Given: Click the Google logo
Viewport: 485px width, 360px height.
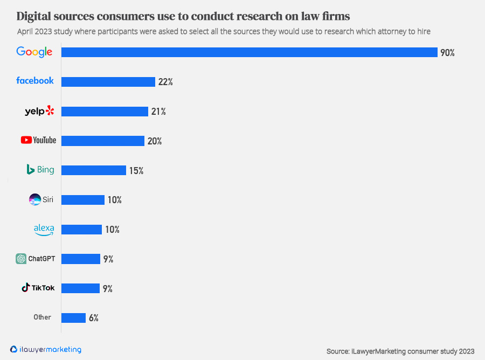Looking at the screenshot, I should tap(34, 52).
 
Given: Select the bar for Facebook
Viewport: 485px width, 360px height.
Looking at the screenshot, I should tap(108, 82).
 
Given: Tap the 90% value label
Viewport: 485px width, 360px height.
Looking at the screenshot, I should tap(447, 53).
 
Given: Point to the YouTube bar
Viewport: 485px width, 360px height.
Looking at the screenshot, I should tap(103, 141).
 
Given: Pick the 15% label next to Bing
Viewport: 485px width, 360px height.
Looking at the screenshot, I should tap(136, 170).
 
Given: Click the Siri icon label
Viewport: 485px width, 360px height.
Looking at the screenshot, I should tap(41, 199).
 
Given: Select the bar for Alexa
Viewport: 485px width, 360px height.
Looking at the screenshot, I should tap(81, 230).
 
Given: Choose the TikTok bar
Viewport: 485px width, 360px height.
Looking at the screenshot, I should tap(80, 288).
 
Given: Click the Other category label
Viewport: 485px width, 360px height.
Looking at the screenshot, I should tap(42, 317).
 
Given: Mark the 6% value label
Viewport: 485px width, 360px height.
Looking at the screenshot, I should tap(94, 318).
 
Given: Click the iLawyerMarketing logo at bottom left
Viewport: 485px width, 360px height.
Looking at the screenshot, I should tap(46, 349).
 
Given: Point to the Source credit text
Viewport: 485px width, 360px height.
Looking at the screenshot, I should tap(400, 351).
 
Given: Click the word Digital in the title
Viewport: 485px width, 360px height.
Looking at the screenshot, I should tap(36, 15).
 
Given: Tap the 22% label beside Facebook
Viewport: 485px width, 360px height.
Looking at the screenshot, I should tap(165, 82).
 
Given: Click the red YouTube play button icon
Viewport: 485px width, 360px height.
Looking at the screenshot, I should tap(26, 140).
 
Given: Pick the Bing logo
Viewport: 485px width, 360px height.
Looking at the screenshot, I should tap(40, 170).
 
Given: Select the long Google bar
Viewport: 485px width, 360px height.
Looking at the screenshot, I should tap(249, 52).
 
